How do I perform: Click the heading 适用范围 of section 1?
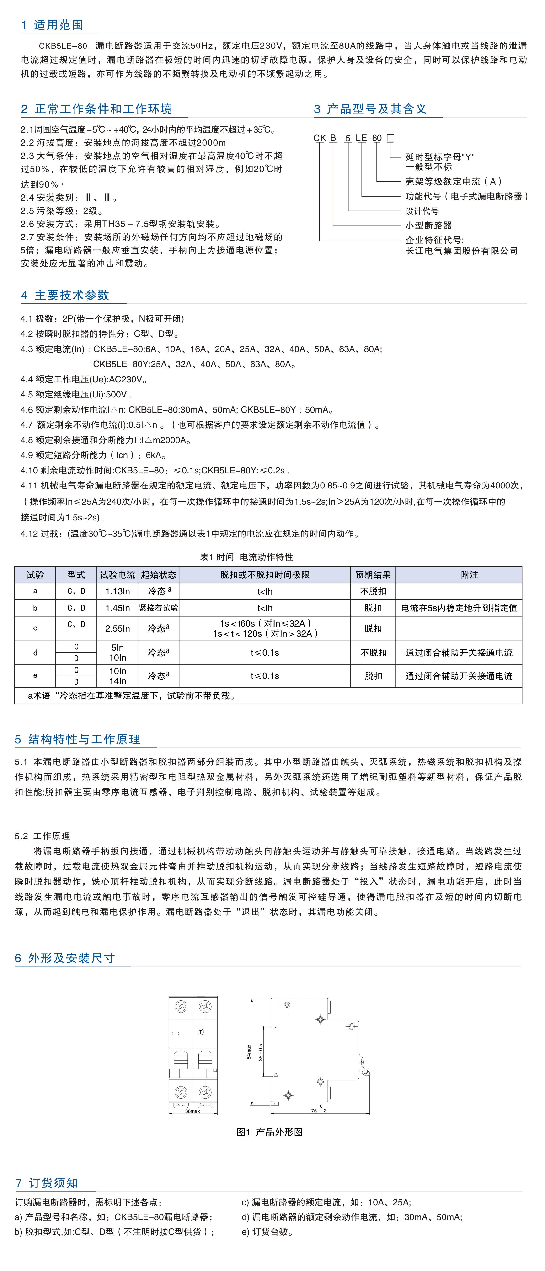click(x=58, y=25)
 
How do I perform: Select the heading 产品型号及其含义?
click(x=376, y=109)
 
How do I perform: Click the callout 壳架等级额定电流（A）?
click(x=454, y=182)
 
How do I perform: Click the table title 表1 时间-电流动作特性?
click(x=246, y=557)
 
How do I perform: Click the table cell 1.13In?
click(x=118, y=591)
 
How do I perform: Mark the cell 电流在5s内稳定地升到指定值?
click(x=459, y=608)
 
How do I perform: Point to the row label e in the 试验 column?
click(x=35, y=676)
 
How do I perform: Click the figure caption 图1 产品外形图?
click(x=269, y=1132)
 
